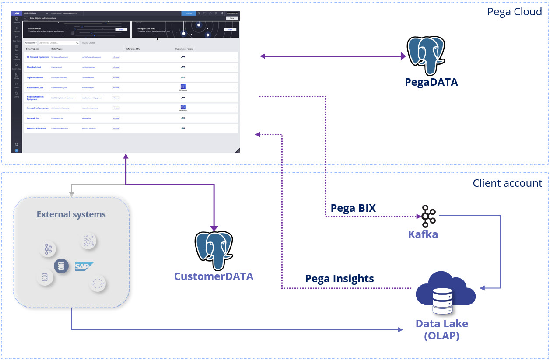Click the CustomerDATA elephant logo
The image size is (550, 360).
point(214,251)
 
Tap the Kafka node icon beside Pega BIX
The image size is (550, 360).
point(425,216)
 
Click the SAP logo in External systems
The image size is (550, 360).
point(84,266)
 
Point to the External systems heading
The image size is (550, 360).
point(71,214)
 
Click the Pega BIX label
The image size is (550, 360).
point(353,208)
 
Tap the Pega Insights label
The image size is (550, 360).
point(340,278)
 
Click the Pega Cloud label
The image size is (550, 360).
point(515,12)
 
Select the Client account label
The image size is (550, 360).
point(507,183)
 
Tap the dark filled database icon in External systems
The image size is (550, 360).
point(61,266)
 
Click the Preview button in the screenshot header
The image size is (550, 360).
point(189,14)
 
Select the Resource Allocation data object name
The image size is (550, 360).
point(36,129)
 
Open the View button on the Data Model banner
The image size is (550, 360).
point(121,29)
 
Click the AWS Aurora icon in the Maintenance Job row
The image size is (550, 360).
point(183,87)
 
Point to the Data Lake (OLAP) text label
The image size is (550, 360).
point(441,330)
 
